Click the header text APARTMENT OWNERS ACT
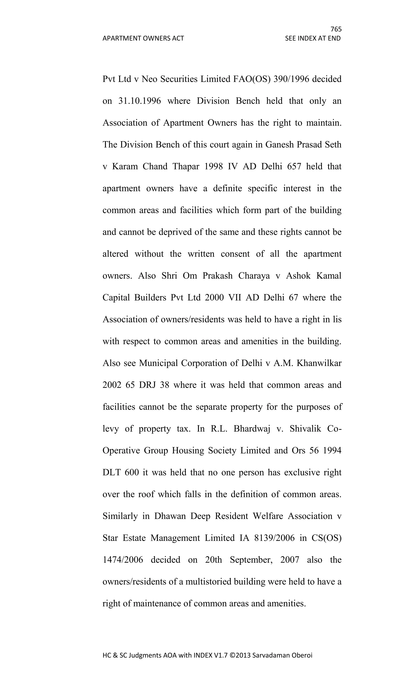(x=143, y=38)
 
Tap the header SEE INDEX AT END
(x=313, y=38)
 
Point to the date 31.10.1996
(x=140, y=101)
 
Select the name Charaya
(x=254, y=276)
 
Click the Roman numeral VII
(x=235, y=297)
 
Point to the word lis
(x=337, y=320)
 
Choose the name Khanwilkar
(x=319, y=363)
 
